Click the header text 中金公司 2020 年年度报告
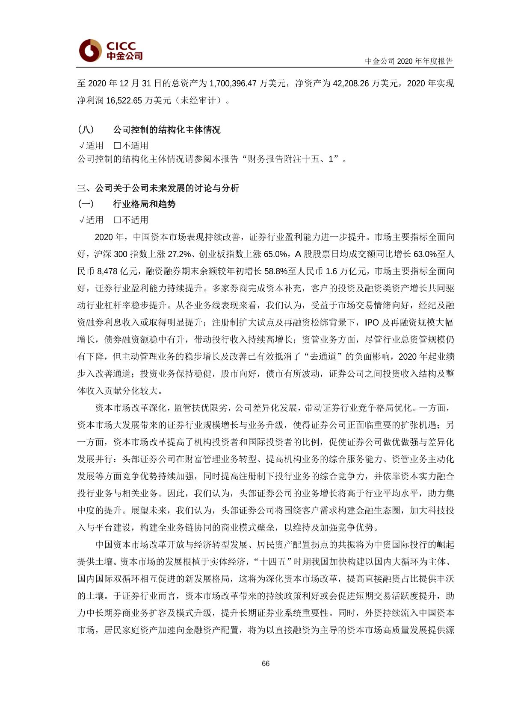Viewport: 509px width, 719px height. (x=408, y=61)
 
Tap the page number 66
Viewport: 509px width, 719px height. (x=266, y=663)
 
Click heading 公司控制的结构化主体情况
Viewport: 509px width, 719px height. (x=167, y=130)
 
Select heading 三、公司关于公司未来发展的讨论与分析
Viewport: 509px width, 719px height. (x=158, y=188)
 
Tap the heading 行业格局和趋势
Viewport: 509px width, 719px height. (x=144, y=204)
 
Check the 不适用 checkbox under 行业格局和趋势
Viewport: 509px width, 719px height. (x=117, y=220)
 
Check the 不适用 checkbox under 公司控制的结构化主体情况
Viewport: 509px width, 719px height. (x=117, y=146)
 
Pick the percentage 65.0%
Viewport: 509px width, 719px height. (x=275, y=254)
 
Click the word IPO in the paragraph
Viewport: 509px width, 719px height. (x=372, y=323)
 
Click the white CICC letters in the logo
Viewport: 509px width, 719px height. (x=121, y=46)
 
